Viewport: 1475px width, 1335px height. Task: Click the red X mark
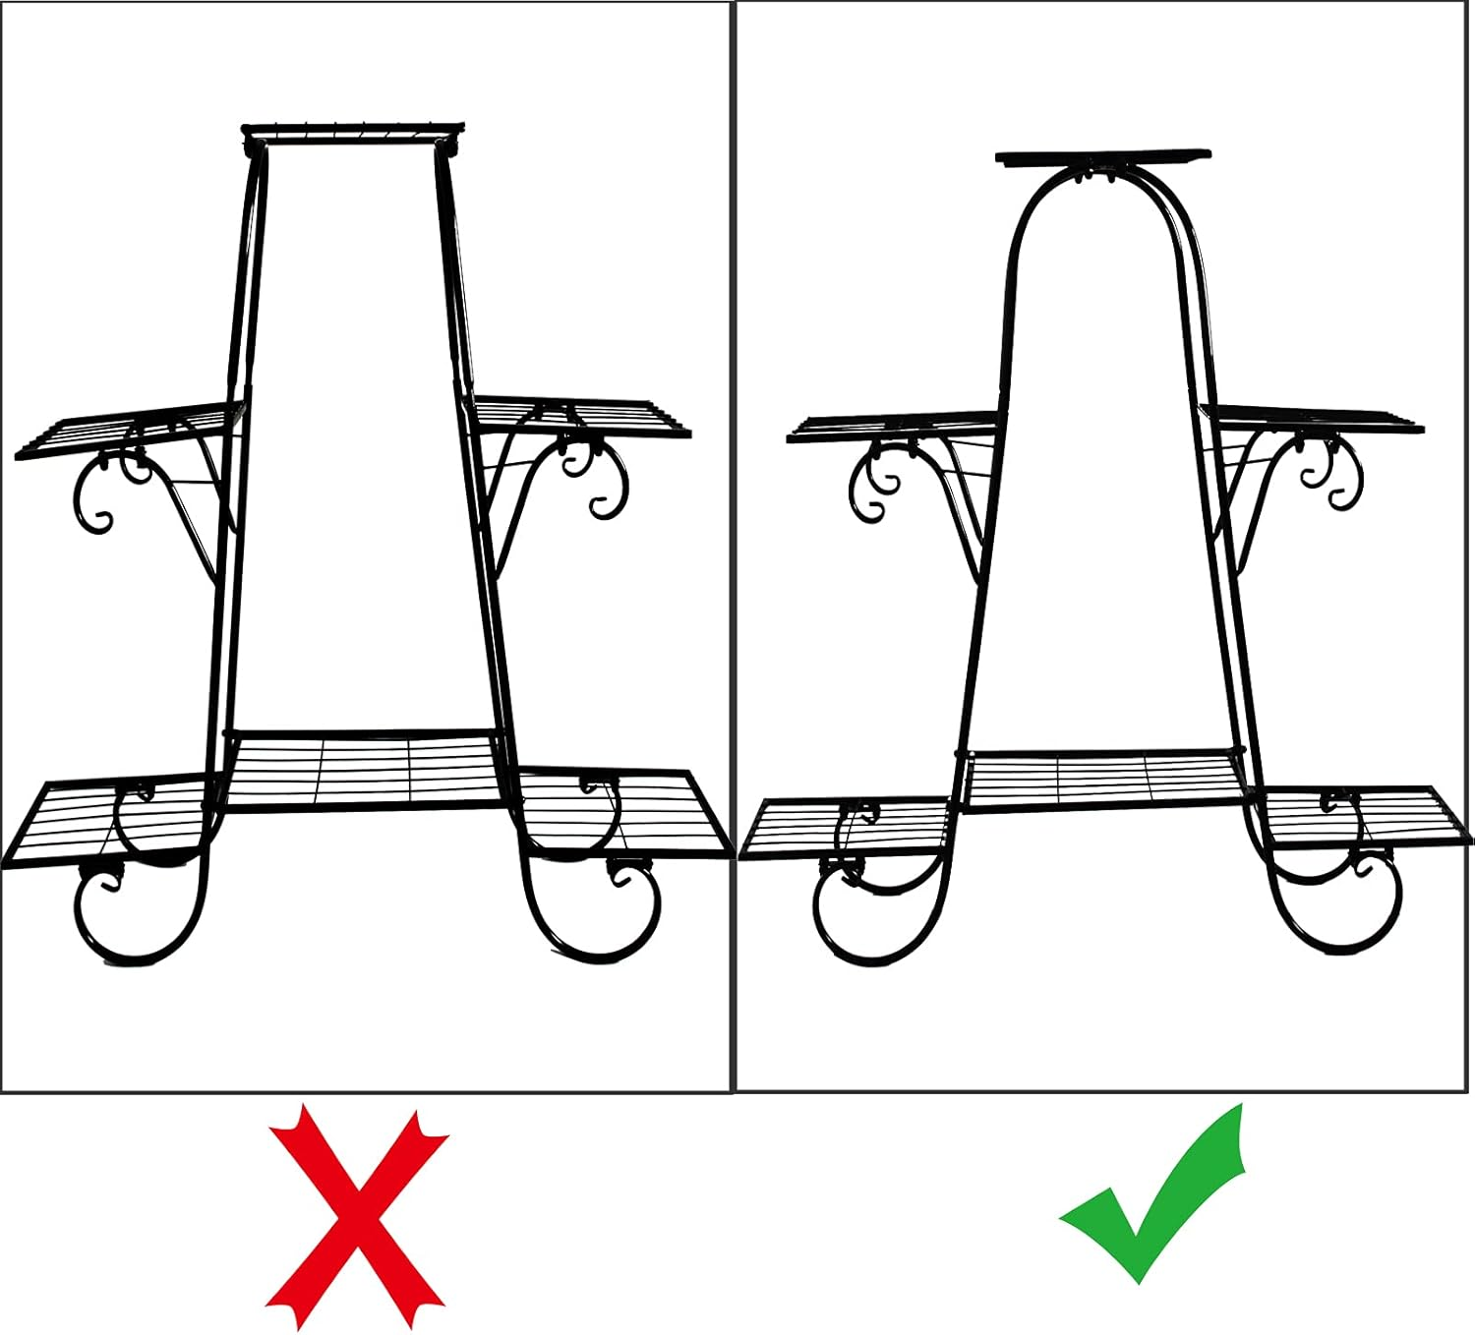[356, 1216]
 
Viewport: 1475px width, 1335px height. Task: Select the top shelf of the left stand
[353, 129]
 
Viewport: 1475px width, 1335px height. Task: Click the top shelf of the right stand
[1102, 156]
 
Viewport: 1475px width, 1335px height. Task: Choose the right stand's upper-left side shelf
[895, 429]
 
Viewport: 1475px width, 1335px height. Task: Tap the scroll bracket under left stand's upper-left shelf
[108, 492]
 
